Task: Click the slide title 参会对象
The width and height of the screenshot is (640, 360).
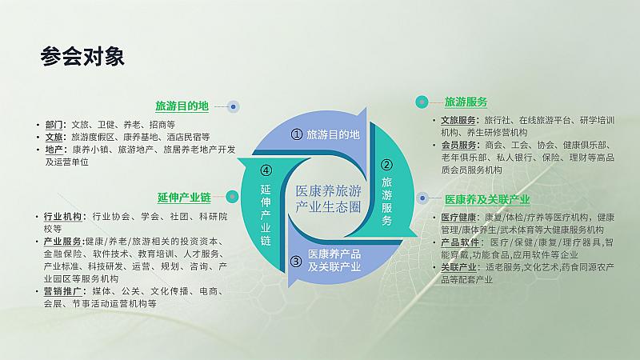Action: (x=82, y=56)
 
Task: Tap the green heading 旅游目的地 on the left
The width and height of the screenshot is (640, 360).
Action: (x=182, y=106)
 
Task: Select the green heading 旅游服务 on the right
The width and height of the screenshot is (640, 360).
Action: (x=466, y=102)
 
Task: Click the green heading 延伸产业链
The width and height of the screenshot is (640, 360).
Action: (x=184, y=198)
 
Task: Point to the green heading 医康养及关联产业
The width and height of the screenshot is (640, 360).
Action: (x=487, y=199)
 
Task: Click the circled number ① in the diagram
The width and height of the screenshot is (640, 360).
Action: (x=296, y=134)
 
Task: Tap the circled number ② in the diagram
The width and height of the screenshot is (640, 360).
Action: (x=386, y=165)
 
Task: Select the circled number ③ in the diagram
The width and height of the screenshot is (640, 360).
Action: (x=296, y=262)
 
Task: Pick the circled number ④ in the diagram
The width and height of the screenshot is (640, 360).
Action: (x=266, y=170)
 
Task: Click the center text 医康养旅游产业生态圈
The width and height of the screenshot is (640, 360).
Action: (x=328, y=198)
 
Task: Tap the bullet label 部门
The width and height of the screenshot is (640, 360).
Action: (x=54, y=125)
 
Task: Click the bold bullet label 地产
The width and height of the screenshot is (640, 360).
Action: (x=54, y=150)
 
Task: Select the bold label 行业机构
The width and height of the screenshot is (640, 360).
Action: (x=63, y=216)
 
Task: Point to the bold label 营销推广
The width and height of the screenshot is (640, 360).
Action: (x=63, y=291)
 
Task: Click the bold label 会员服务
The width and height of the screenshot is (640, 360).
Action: (x=459, y=145)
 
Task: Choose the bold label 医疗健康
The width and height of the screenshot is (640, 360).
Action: (x=459, y=218)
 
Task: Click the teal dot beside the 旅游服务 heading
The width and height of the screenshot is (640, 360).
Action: (x=422, y=102)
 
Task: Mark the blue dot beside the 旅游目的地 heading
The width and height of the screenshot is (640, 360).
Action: (x=233, y=106)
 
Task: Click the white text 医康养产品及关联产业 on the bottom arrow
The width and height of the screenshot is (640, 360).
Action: (x=334, y=261)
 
